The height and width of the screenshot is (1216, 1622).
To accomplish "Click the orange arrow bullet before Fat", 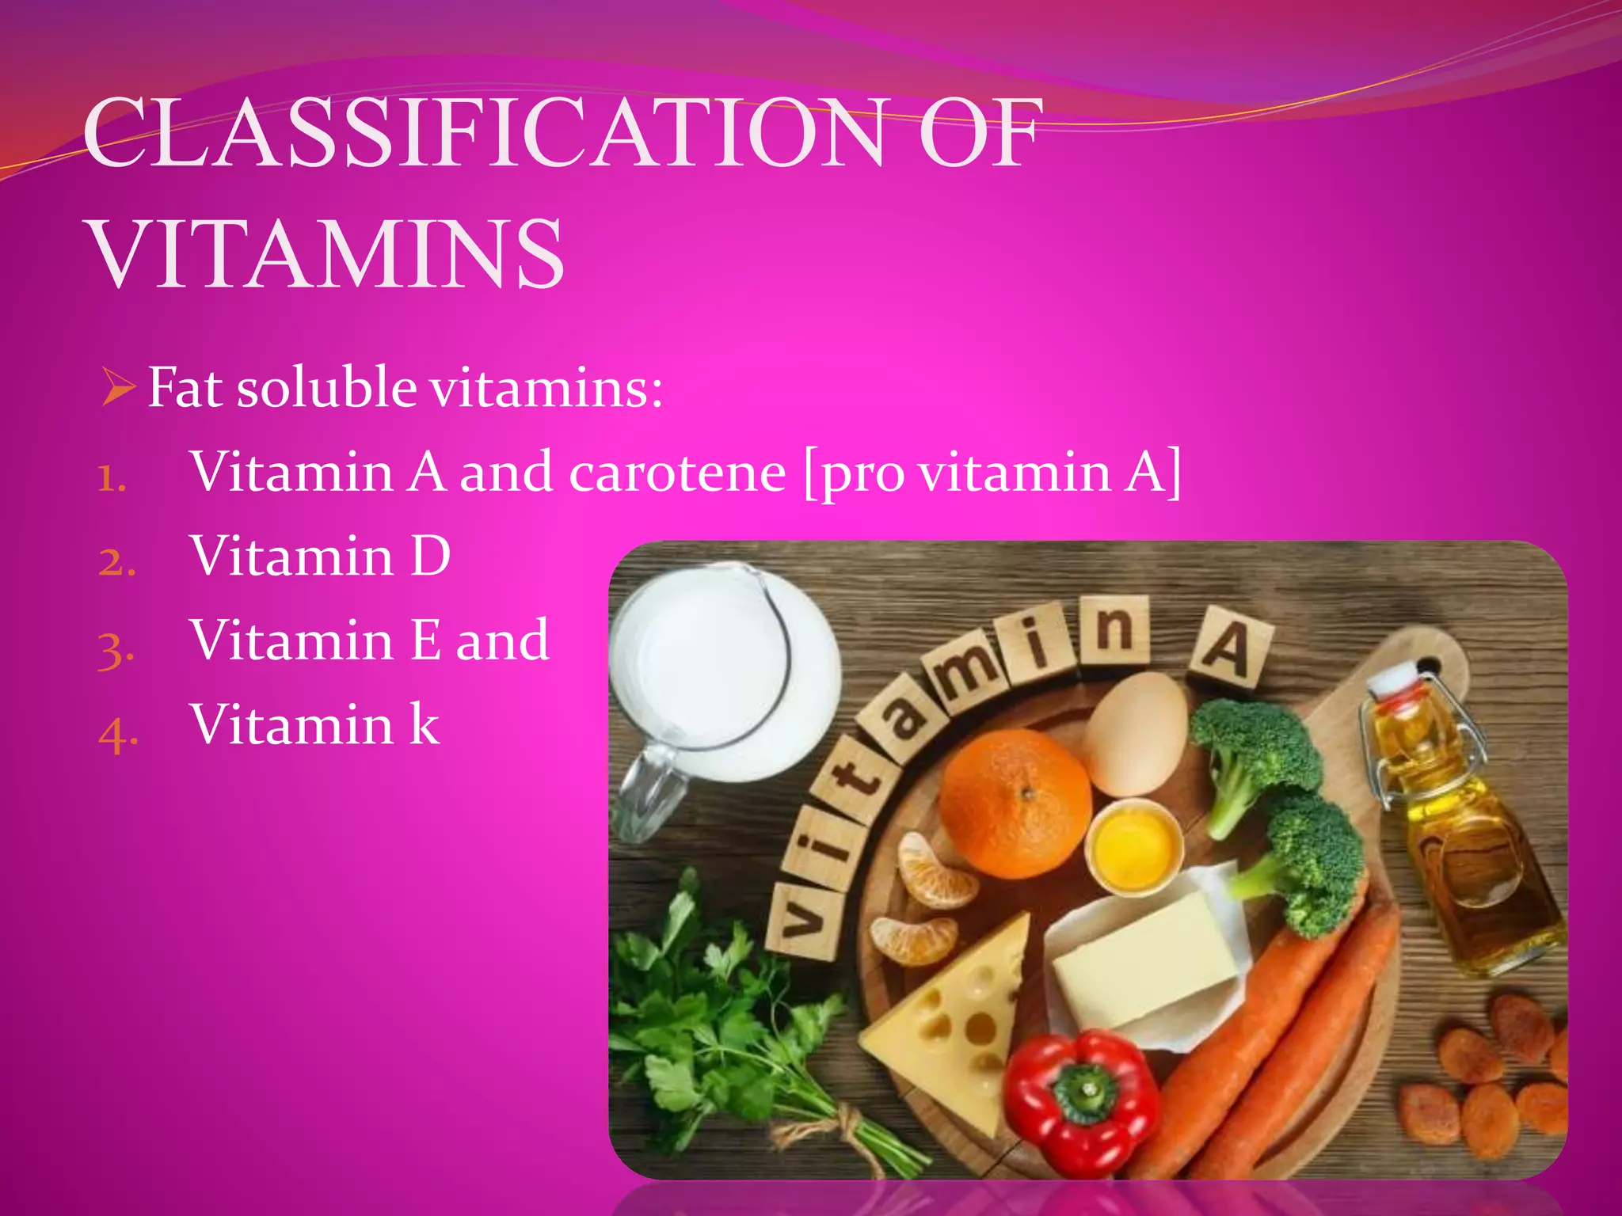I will [x=119, y=389].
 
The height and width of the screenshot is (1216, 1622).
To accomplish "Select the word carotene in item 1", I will [x=678, y=473].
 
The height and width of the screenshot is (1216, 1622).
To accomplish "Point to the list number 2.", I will [x=117, y=562].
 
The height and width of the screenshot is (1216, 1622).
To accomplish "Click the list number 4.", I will [x=118, y=732].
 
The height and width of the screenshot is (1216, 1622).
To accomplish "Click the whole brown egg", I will [x=1137, y=733].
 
